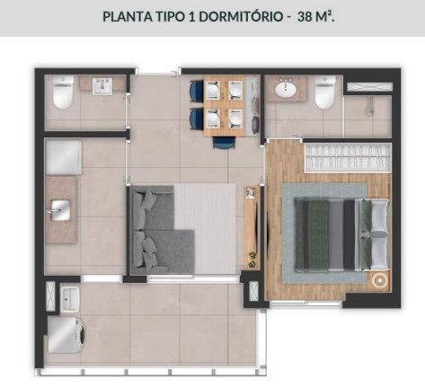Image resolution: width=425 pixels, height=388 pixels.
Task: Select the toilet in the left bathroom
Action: point(63,93)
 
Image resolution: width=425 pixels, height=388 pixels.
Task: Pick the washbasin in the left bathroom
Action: point(102,85)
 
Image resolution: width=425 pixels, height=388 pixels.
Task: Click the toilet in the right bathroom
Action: point(325,92)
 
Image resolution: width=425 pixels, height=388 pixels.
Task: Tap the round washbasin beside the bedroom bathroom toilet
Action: point(287,89)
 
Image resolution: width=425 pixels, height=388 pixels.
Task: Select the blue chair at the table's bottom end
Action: point(223,141)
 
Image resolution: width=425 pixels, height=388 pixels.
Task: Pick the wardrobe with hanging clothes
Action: point(345,158)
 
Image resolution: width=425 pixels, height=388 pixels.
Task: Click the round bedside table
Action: point(381,279)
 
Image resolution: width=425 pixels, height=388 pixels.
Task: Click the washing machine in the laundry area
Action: point(64,336)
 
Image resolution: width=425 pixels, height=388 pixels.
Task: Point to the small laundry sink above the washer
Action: point(69,295)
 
